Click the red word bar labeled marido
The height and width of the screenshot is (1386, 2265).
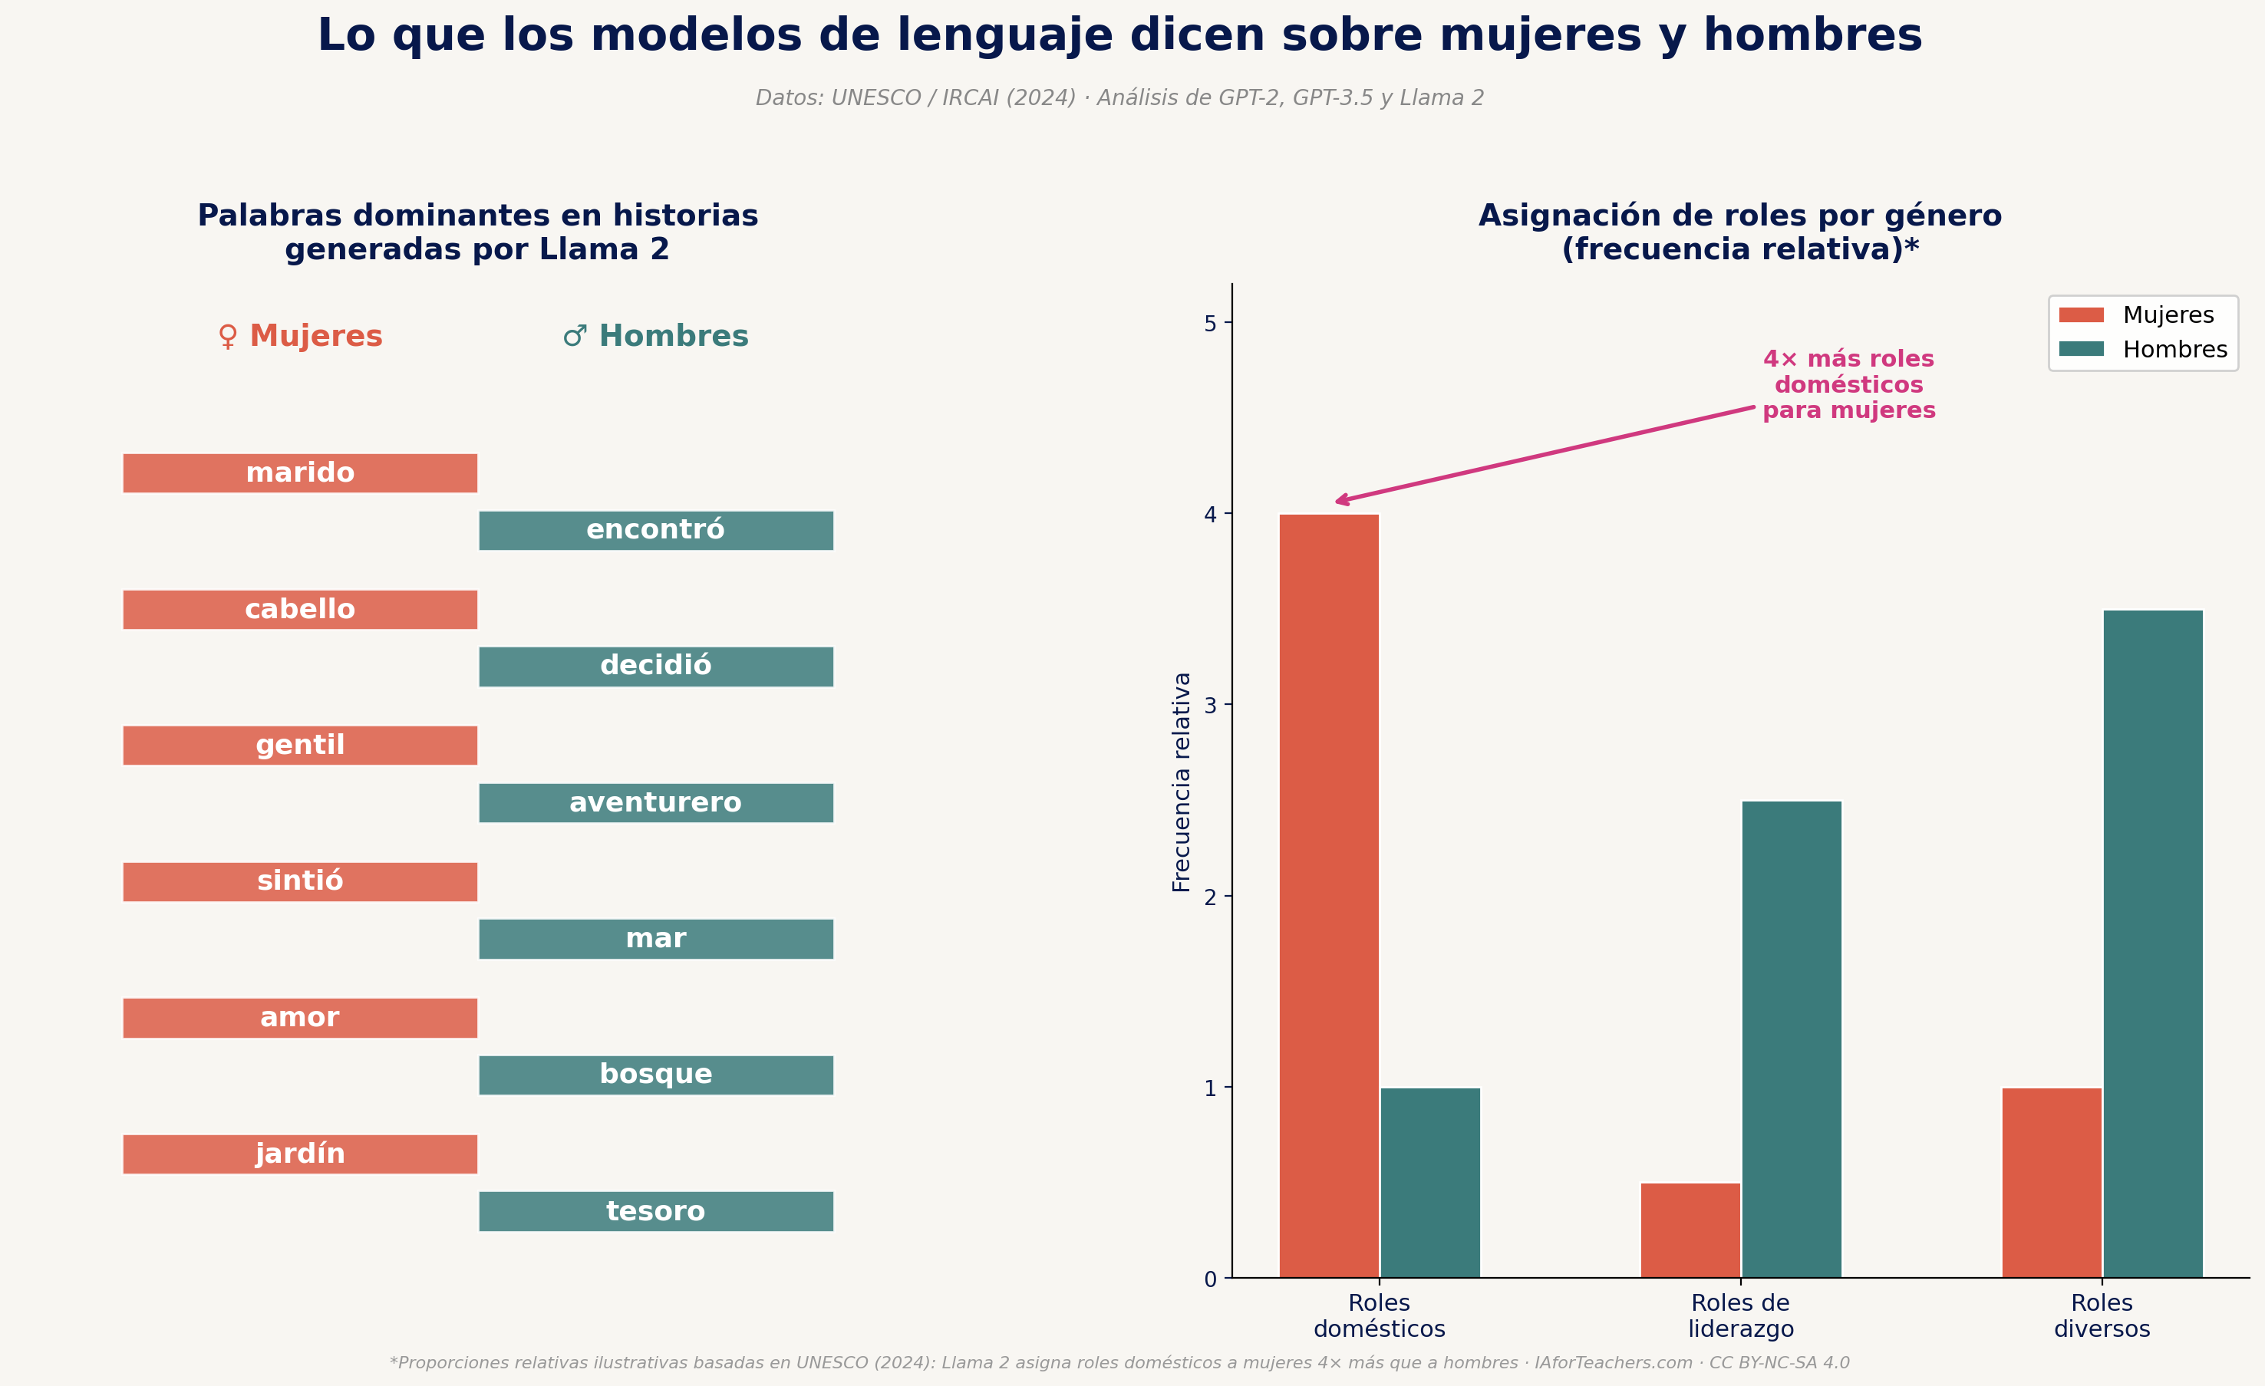click(300, 473)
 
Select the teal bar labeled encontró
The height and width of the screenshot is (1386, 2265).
click(655, 530)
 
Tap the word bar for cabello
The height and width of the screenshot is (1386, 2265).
click(300, 609)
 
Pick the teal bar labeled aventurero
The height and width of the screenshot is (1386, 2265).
click(655, 802)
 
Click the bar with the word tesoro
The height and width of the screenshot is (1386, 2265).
click(655, 1211)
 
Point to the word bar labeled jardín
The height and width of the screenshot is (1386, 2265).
click(300, 1154)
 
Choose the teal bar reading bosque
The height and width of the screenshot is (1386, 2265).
click(655, 1075)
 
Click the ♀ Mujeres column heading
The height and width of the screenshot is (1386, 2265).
click(300, 337)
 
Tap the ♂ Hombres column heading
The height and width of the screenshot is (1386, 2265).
click(655, 337)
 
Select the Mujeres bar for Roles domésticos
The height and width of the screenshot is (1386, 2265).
click(1328, 896)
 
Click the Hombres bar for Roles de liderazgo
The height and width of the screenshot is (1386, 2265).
click(1791, 1039)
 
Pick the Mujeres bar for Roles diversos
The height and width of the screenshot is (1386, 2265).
click(2051, 1182)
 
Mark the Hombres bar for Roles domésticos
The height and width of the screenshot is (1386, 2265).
click(1429, 1182)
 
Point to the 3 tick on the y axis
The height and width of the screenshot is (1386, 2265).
click(1210, 705)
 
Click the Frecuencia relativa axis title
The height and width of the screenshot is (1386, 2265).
click(1181, 782)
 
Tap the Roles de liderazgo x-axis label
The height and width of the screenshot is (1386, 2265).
click(1739, 1315)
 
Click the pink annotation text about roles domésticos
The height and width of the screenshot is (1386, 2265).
click(1848, 384)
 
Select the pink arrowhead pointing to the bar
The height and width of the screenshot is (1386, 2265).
click(1340, 501)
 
